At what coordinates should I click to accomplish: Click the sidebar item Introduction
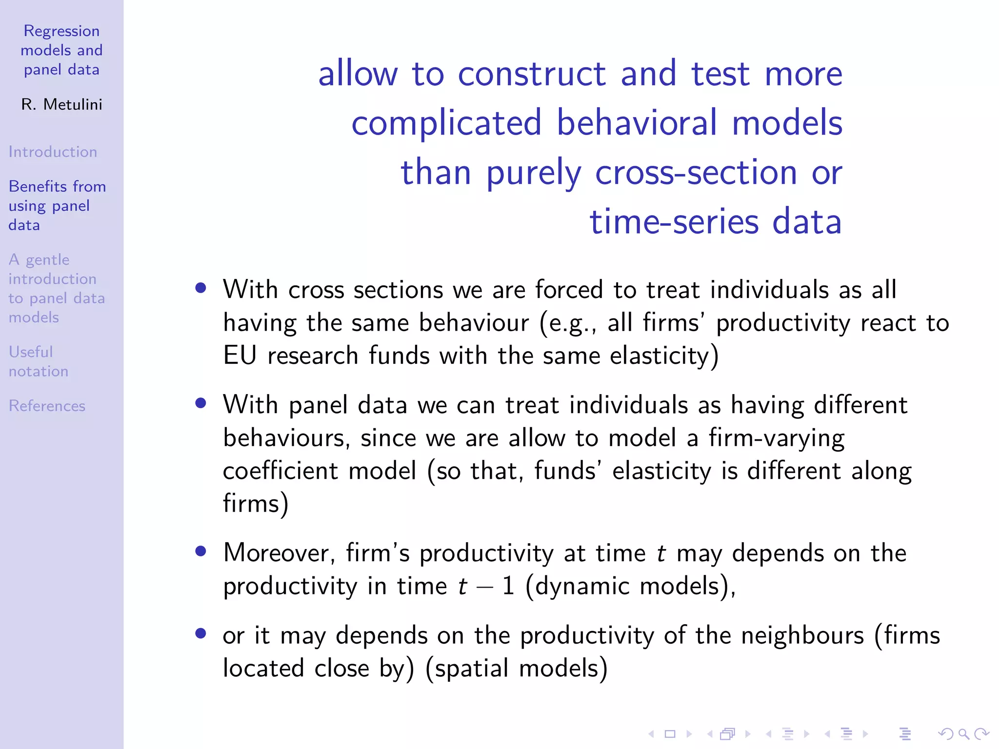53,152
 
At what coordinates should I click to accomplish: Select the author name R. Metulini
62,104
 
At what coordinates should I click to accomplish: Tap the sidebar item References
47,406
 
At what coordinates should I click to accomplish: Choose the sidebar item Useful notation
38,361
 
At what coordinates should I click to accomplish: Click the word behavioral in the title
637,122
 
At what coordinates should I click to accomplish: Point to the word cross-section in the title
696,172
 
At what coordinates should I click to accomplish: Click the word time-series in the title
674,222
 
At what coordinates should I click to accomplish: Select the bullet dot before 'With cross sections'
200,288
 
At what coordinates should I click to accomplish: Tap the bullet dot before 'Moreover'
200,551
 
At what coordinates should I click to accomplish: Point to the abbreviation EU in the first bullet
240,355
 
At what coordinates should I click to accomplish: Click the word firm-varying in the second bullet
776,438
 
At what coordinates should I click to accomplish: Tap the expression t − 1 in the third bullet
486,586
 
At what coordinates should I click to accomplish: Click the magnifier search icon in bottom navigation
963,734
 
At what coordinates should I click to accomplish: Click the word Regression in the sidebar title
61,31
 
